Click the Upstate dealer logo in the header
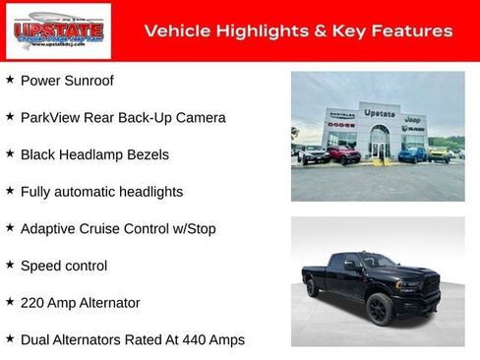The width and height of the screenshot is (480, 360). [44, 30]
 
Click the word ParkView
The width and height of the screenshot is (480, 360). [52, 117]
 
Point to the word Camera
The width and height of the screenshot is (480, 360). [200, 117]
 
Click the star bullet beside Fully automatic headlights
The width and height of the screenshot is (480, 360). [10, 190]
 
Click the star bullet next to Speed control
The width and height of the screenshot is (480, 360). [10, 265]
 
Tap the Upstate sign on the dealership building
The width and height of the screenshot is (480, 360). [379, 114]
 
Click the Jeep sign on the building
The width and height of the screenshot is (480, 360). [413, 119]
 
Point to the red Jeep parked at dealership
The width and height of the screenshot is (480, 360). [343, 154]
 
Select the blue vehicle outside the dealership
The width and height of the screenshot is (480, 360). [412, 153]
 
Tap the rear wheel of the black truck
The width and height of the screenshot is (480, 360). [314, 288]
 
